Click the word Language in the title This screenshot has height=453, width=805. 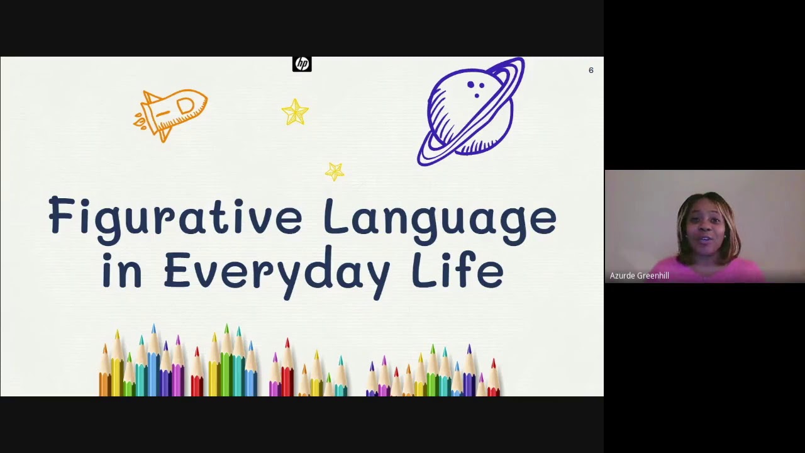click(x=440, y=218)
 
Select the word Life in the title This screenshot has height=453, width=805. click(x=457, y=271)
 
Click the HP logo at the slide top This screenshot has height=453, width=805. click(x=302, y=64)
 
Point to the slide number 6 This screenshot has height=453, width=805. click(x=591, y=70)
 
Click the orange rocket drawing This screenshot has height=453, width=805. click(x=173, y=113)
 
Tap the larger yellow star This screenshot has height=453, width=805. click(x=295, y=113)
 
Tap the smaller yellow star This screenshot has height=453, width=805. click(x=335, y=171)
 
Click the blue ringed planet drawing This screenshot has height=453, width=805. click(x=471, y=112)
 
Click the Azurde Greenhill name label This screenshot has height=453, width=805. click(x=639, y=276)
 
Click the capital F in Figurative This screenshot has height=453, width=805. click(x=61, y=215)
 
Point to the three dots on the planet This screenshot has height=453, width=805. click(x=476, y=87)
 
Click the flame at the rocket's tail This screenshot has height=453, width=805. click(x=142, y=120)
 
